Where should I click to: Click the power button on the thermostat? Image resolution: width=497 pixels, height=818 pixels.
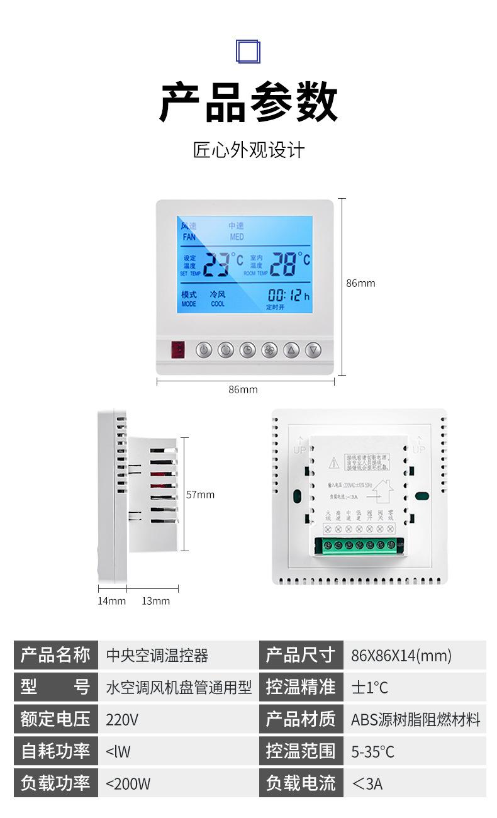coord(203,350)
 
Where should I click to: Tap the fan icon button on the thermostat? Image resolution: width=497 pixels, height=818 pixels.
coord(269,350)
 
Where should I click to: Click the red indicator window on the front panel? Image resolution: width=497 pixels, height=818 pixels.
coord(177,349)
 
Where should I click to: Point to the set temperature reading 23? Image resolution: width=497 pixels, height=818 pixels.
coord(216,264)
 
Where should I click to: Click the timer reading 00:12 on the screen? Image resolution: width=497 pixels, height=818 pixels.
coord(285,295)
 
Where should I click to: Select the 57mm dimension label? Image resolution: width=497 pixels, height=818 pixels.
coord(200,495)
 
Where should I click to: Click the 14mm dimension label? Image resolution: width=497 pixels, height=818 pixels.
coord(111,601)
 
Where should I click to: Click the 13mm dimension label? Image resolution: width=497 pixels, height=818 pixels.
coord(155,601)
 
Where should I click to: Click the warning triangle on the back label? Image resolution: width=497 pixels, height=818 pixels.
coord(334,464)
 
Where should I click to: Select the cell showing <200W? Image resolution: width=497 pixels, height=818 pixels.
coord(128,783)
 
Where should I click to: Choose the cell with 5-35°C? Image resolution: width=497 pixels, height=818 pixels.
coord(372,751)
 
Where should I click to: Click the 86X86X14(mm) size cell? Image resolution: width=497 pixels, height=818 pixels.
coord(401,656)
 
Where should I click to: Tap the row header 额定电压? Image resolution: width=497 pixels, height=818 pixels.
coord(55,719)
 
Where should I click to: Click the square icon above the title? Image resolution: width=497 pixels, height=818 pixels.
coord(248,50)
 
